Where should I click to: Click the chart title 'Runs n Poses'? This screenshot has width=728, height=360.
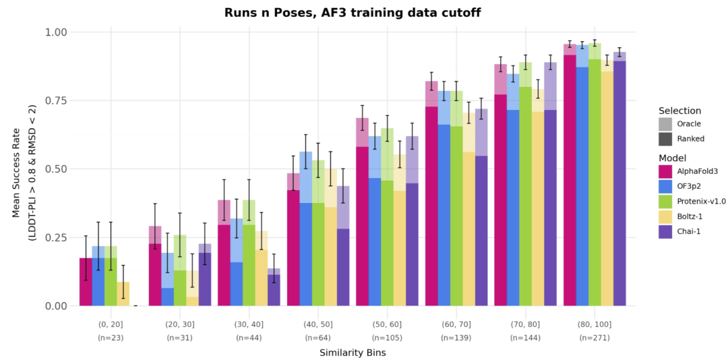353,12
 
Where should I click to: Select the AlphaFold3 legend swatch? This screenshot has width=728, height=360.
666,171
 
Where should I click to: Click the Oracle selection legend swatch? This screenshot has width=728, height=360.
666,124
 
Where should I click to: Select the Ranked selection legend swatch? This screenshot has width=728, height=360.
666,139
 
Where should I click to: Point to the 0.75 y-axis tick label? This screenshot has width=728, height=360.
56,101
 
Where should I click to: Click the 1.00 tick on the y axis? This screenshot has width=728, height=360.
56,32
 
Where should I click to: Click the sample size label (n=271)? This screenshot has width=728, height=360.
595,337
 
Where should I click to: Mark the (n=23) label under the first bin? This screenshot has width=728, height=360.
111,337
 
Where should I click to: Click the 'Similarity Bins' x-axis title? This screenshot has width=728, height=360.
353,353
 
